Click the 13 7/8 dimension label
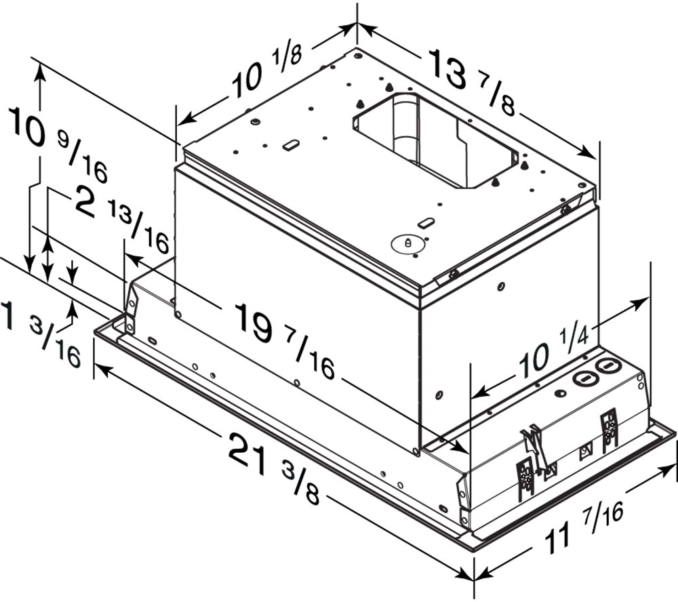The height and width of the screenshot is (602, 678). tap(472, 83)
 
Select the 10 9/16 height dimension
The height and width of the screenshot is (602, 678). tap(57, 144)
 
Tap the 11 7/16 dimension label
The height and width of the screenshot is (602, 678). tap(584, 528)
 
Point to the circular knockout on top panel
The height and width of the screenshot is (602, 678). tap(406, 243)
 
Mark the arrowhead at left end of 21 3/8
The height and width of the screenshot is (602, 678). tap(103, 369)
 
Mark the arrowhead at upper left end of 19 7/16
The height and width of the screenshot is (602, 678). tap(133, 260)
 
